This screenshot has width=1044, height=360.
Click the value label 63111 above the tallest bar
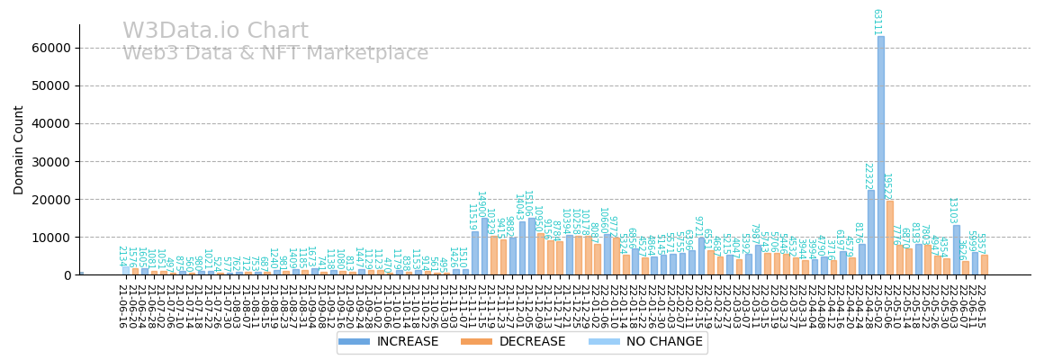pos(877,22)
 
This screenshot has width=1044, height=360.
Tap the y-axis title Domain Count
pos(19,149)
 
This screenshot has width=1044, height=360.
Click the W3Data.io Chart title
pos(215,31)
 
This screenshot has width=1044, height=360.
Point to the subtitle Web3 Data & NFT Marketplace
pos(275,54)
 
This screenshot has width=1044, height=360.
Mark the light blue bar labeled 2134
pos(126,270)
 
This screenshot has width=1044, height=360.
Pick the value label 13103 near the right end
pos(952,210)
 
